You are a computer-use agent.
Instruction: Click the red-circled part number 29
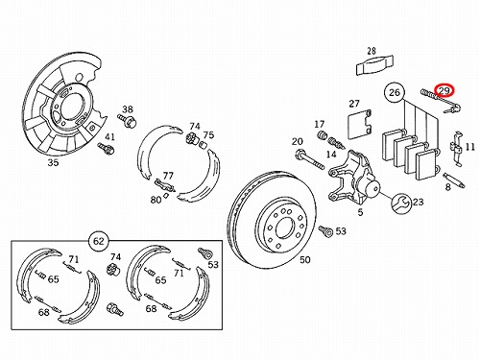[x=444, y=90]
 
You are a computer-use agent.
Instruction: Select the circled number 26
[x=395, y=92]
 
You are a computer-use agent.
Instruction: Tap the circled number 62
[x=99, y=241]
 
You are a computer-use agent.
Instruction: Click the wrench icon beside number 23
[x=401, y=203]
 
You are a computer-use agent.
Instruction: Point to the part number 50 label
[x=305, y=259]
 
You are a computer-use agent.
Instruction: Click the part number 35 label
[x=53, y=162]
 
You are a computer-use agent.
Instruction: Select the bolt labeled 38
[x=128, y=120]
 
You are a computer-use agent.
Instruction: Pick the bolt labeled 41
[x=106, y=148]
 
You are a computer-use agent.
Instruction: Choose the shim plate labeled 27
[x=359, y=125]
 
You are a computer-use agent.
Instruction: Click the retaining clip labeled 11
[x=456, y=148]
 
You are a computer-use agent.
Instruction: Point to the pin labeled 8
[x=454, y=180]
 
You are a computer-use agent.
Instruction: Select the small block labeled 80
[x=166, y=196]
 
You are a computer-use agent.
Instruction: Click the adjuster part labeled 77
[x=164, y=185]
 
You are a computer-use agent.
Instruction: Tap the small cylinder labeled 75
[x=204, y=145]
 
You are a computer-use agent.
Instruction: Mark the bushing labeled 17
[x=322, y=134]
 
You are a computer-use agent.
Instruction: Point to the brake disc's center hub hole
[x=284, y=228]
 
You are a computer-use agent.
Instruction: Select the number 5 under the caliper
[x=360, y=212]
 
